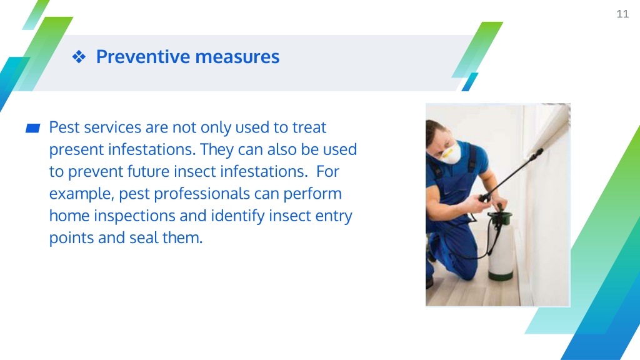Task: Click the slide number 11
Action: coord(622,14)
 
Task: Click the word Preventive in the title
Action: coord(143,56)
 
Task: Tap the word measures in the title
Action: coord(237,57)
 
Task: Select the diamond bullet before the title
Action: coord(79,57)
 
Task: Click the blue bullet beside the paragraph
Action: coord(32,128)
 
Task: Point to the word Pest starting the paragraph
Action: coord(64,127)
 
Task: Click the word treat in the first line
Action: coord(309,127)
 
